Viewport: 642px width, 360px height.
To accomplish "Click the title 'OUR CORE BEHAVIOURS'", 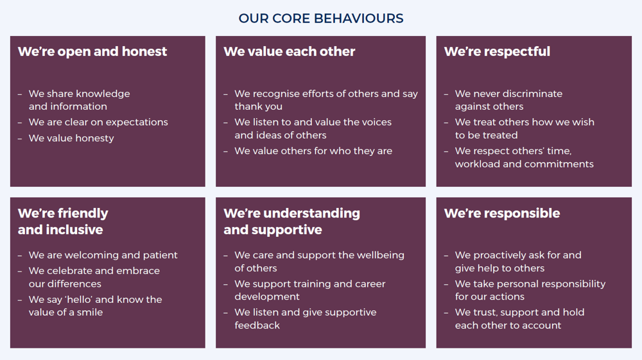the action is pos(321,19).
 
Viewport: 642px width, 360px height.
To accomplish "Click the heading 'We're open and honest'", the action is pos(92,51).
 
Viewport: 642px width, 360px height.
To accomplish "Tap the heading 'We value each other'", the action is pos(290,51).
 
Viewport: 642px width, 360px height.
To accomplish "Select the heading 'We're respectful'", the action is pos(497,51).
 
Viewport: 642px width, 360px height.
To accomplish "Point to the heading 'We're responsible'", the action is pos(502,213).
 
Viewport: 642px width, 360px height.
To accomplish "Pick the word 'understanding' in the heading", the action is pos(311,214).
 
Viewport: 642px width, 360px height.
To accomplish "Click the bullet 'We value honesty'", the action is pos(71,138).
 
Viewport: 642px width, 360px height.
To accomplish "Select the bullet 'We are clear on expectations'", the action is pos(98,123).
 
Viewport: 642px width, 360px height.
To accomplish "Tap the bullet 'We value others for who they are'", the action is pos(313,151).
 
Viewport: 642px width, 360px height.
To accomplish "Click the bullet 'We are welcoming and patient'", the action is pos(103,255).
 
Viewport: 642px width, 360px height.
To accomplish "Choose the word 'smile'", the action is pos(90,312).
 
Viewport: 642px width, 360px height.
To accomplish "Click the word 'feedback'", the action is pos(257,325).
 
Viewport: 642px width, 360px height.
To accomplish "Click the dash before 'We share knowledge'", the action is pos(20,94).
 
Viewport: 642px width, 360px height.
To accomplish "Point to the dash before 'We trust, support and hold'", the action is pos(446,313).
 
